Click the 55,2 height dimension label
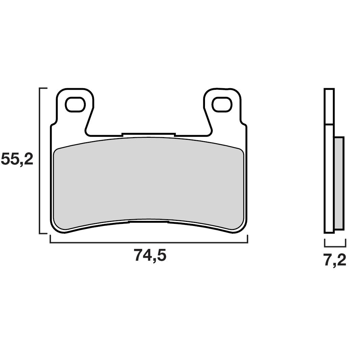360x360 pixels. point(17,158)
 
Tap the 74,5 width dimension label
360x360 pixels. point(150,255)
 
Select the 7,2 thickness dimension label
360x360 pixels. point(335,260)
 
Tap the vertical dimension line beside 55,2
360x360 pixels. point(40,160)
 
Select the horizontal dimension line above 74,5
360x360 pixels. point(149,242)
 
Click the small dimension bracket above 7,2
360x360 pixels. point(335,246)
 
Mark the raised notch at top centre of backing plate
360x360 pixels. point(149,134)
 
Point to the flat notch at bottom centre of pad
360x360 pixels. point(149,222)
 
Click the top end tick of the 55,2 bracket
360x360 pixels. point(44,88)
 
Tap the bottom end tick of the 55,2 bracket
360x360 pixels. point(44,233)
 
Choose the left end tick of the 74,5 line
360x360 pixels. point(50,239)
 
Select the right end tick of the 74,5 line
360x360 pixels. point(248,239)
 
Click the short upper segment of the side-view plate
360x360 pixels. point(329,106)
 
